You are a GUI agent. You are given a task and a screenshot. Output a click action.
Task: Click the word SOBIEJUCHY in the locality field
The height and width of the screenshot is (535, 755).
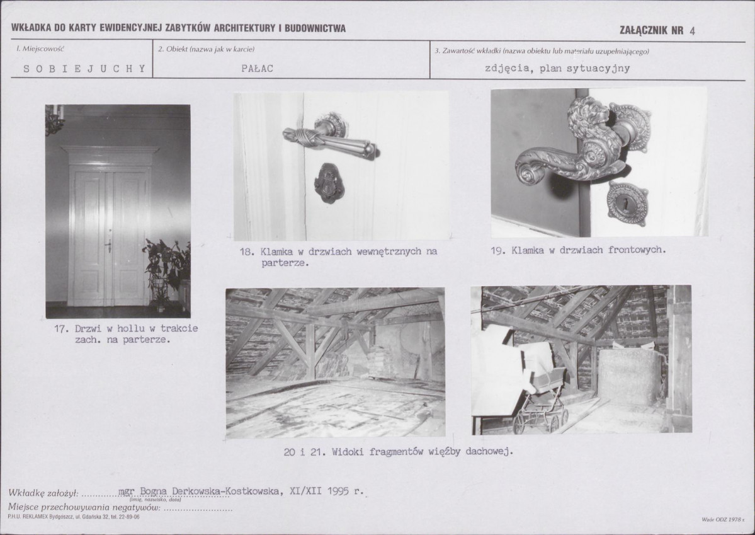tap(84, 69)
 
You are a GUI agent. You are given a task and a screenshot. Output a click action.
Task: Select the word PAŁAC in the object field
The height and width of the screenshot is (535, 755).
tap(257, 69)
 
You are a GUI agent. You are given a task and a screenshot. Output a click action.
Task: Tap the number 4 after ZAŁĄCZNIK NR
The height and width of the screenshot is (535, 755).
tap(692, 31)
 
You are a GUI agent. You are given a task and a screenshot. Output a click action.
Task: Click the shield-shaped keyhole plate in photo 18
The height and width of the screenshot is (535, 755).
tap(329, 183)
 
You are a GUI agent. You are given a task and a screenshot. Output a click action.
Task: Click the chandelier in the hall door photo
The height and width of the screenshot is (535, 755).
tap(55, 120)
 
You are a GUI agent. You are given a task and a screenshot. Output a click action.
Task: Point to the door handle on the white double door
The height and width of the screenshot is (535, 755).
tap(109, 246)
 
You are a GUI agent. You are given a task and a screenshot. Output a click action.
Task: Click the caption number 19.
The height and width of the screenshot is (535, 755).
tap(497, 250)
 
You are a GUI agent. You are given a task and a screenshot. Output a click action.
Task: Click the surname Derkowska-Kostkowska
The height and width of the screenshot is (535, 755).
tap(225, 491)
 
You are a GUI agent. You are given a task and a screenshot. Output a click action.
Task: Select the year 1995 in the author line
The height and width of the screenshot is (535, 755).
tap(338, 491)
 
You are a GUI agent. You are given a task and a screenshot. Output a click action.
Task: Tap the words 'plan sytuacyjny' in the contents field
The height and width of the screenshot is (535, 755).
tap(584, 69)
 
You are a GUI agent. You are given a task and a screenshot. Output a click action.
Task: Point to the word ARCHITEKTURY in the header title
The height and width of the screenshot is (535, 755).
tap(245, 28)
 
